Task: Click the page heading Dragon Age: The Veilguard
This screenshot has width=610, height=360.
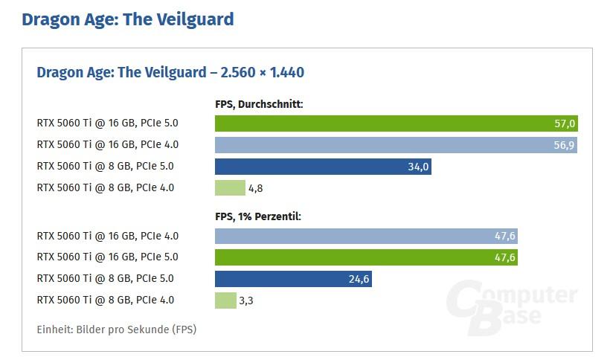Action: (x=127, y=19)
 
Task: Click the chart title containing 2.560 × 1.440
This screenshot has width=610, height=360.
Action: (x=170, y=72)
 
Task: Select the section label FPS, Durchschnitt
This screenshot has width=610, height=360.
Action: (x=259, y=104)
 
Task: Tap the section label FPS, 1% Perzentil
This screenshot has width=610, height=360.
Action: (x=257, y=217)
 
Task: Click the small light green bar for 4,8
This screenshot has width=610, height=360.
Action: (x=230, y=188)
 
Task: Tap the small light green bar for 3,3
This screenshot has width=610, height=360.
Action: (x=225, y=300)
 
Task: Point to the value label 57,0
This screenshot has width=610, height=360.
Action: (x=564, y=123)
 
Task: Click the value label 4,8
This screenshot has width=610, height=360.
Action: (x=255, y=188)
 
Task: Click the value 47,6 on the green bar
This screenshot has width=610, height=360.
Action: (x=504, y=257)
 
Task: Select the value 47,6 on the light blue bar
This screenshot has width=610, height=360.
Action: (x=504, y=237)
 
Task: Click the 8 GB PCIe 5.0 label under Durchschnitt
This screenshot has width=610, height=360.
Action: (x=105, y=167)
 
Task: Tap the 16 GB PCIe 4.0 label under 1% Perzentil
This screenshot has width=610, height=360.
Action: (x=107, y=237)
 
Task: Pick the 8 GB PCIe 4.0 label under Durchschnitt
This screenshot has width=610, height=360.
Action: (x=105, y=188)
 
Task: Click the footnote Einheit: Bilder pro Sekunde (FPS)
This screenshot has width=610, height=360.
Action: (x=116, y=329)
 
